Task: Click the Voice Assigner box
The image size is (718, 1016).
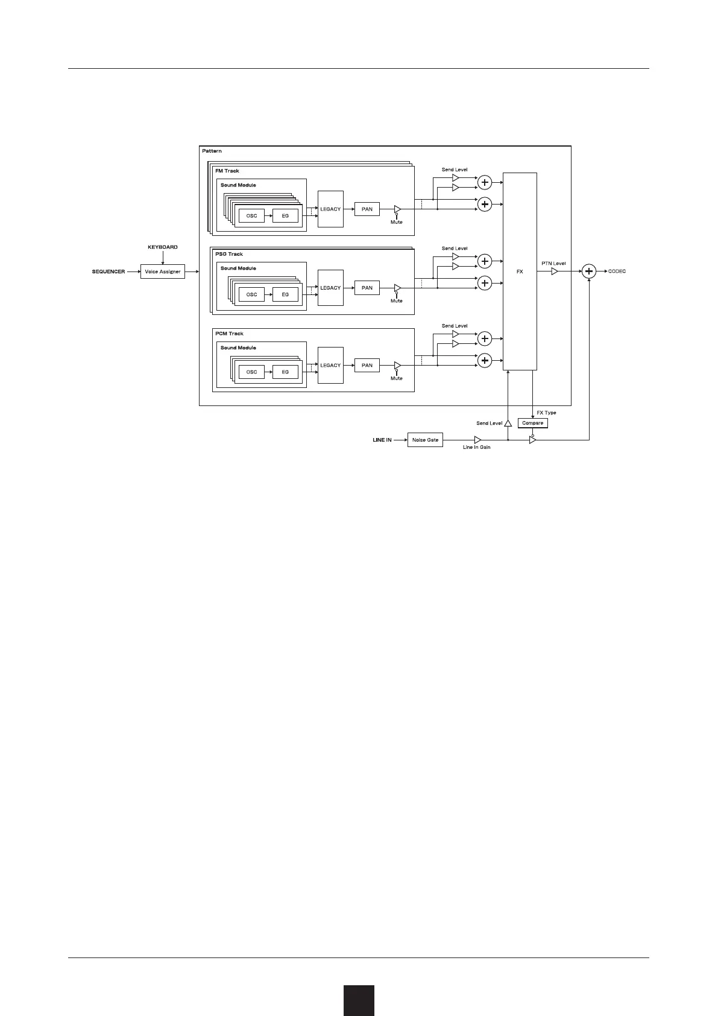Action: pos(162,271)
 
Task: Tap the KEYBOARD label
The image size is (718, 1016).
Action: pos(163,247)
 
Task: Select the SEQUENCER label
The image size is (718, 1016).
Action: pos(109,271)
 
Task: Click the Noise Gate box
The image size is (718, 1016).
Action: pos(425,440)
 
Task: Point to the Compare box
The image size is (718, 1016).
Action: pos(532,423)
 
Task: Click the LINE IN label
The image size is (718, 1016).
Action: pos(382,440)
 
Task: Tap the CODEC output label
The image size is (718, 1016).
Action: pos(617,271)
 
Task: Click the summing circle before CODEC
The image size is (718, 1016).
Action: pos(589,271)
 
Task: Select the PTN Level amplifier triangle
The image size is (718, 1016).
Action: pos(555,271)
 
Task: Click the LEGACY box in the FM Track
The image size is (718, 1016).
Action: pos(330,209)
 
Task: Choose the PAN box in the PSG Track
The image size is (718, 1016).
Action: pos(367,288)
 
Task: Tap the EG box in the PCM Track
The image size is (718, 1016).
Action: pos(285,372)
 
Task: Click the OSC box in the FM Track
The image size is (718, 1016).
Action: pos(251,215)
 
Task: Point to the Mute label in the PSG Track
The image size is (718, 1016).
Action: pos(396,300)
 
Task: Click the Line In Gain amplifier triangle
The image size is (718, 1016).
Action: pos(477,440)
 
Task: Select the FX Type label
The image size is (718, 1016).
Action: pos(546,413)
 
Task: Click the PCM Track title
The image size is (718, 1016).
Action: pos(229,334)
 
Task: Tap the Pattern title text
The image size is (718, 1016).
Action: pos(212,151)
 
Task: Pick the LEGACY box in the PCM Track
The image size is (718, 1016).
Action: pos(330,365)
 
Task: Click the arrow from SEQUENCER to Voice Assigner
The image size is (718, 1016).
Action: pos(133,271)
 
